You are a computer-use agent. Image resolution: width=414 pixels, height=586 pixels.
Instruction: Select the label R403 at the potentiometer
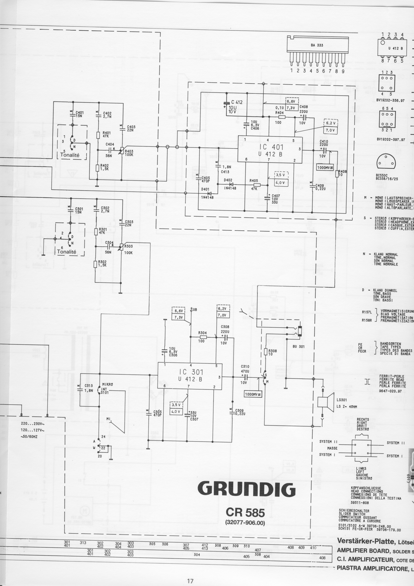tap(129, 151)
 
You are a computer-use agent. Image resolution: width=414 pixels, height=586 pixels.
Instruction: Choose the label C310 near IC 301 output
tap(245, 366)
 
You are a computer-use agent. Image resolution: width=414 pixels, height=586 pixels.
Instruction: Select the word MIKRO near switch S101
tap(107, 384)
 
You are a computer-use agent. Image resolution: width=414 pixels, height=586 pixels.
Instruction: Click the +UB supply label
tap(194, 310)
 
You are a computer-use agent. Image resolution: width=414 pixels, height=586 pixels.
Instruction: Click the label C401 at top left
tap(79, 112)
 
